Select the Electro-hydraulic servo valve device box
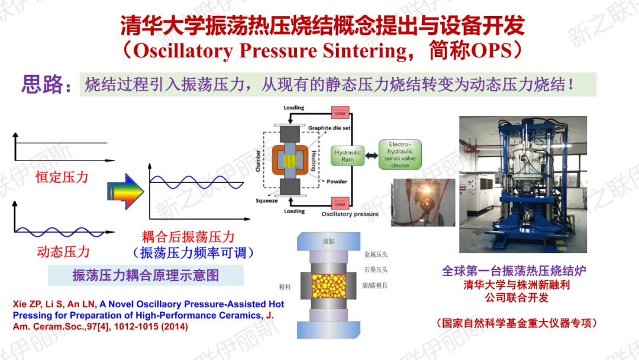point(400,155)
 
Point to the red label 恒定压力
point(62,176)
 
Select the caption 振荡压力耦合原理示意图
point(146,275)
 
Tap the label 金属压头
point(376,255)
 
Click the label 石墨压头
point(376,270)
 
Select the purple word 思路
point(42,85)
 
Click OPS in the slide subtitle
point(490,51)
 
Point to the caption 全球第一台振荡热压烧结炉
point(514,271)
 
